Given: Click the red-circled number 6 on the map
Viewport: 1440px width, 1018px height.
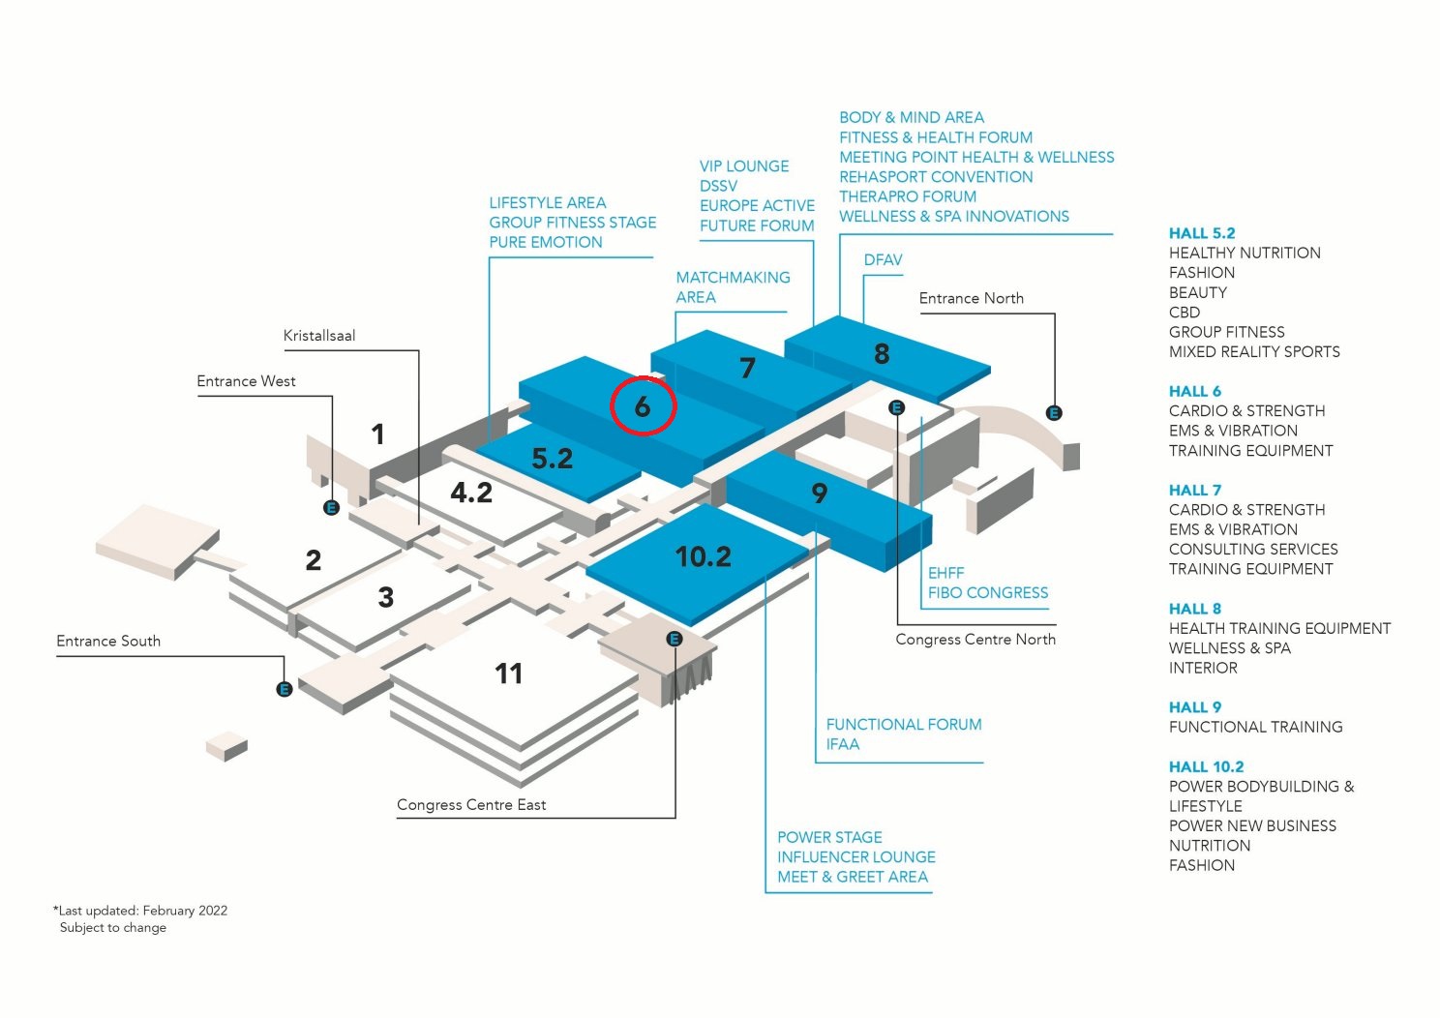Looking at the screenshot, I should point(643,406).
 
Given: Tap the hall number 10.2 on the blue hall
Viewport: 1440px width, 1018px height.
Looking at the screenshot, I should point(704,556).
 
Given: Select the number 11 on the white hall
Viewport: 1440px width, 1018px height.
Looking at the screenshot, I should point(509,674).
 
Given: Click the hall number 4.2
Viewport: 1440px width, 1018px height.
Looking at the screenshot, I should point(471,493).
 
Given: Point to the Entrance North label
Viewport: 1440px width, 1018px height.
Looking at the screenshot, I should point(971,298).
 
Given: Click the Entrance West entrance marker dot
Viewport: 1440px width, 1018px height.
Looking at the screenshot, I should point(332,507).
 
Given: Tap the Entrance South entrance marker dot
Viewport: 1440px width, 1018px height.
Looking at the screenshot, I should point(285,689).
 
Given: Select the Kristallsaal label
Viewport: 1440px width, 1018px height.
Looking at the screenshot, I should point(319,336).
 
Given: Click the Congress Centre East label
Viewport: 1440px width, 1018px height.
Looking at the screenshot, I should point(471,805).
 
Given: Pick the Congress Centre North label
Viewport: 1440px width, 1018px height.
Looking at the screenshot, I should point(975,640).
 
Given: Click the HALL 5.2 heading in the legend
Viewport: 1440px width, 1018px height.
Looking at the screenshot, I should point(1202,233).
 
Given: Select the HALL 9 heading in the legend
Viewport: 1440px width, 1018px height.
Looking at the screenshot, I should point(1195,707).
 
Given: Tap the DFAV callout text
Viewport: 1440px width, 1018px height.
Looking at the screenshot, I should point(883,260).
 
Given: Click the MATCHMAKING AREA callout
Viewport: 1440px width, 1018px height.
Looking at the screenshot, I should point(733,287).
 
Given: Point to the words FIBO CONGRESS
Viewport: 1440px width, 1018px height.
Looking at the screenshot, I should point(988,592).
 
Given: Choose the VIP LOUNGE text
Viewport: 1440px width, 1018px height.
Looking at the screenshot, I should point(744,166).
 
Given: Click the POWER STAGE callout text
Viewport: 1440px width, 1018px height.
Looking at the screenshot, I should point(829,837).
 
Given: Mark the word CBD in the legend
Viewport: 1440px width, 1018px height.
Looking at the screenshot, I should point(1185,313).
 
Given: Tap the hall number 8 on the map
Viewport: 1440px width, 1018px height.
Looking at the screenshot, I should point(882,354).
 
